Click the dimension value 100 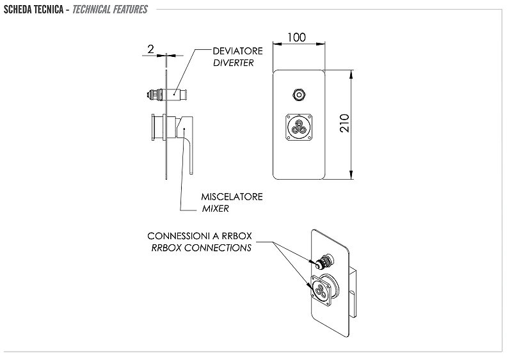[x=296, y=38]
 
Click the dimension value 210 [x=344, y=123]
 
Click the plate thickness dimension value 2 [x=150, y=49]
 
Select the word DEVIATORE [x=237, y=51]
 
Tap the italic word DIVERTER [x=233, y=63]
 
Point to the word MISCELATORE [x=232, y=197]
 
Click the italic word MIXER [x=215, y=208]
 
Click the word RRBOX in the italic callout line [x=166, y=247]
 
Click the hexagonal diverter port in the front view [x=299, y=95]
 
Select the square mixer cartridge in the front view [x=299, y=127]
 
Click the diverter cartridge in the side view [x=167, y=95]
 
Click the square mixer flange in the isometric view [x=321, y=290]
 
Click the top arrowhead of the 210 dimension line [x=351, y=74]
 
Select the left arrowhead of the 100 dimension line [x=277, y=43]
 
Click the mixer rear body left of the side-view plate [x=159, y=127]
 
